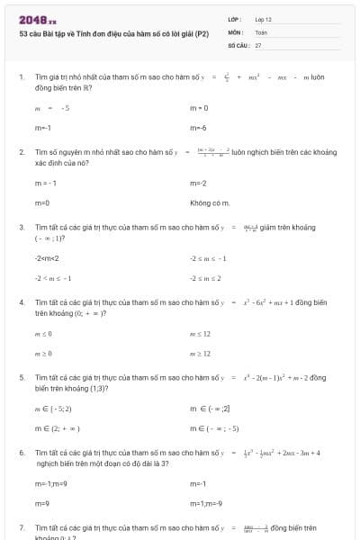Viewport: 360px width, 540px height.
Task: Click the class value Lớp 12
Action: coord(263,19)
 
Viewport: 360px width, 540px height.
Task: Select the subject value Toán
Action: coord(261,31)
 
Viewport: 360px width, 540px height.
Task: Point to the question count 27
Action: coord(258,44)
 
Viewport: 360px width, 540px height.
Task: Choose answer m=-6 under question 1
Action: coord(198,128)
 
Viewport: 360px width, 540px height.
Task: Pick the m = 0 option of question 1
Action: coord(199,108)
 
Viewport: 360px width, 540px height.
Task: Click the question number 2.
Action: coord(22,153)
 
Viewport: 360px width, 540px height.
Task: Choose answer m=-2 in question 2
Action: coord(198,184)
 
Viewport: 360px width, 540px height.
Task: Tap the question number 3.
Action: coord(22,228)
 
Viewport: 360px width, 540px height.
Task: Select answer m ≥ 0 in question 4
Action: coord(43,354)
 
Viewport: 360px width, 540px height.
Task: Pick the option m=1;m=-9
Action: coord(205,504)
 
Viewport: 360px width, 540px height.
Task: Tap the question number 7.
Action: coord(22,528)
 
